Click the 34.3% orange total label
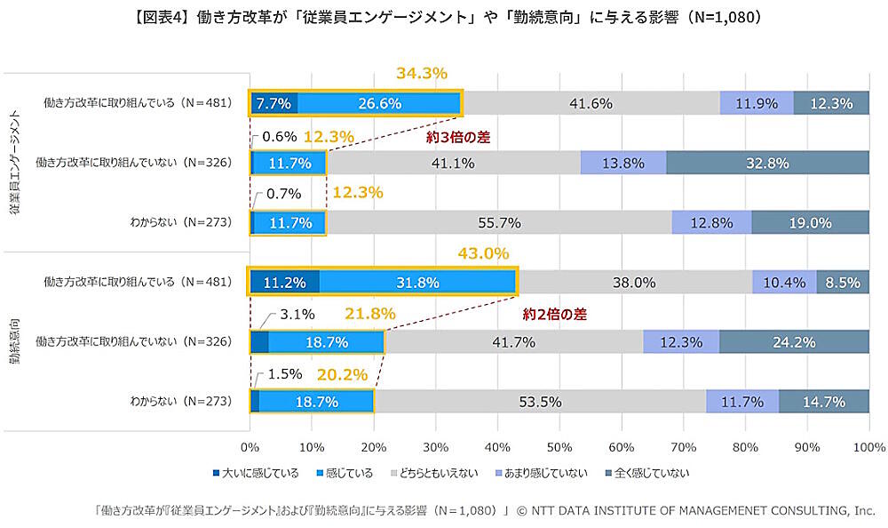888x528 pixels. point(422,74)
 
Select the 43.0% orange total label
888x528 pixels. point(483,253)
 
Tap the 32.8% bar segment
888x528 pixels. point(768,163)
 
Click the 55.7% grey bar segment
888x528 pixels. point(498,223)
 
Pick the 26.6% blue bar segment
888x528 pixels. point(379,103)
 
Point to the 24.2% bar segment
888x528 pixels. point(794,342)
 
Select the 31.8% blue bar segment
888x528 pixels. point(417,283)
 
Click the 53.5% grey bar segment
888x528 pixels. point(539,402)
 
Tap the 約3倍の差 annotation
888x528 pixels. point(457,138)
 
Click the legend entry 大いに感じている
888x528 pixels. point(255,472)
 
